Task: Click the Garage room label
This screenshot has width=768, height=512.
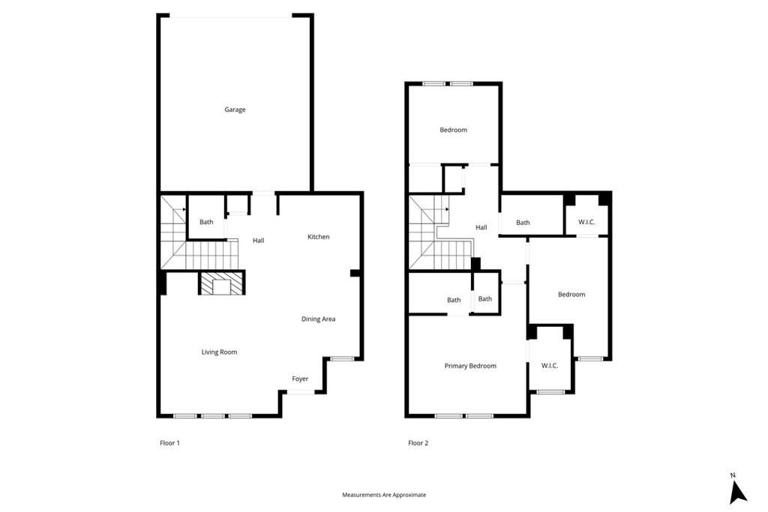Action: (235, 109)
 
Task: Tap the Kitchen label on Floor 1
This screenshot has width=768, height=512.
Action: (318, 237)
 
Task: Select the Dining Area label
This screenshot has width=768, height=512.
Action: (318, 319)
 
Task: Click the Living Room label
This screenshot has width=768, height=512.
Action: (219, 352)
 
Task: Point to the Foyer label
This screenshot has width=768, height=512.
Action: (300, 379)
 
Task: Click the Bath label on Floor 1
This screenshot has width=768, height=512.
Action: (206, 222)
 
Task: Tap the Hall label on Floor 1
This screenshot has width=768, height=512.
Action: (258, 241)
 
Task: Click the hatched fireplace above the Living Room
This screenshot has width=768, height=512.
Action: (221, 283)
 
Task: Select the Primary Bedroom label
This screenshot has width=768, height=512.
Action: (470, 366)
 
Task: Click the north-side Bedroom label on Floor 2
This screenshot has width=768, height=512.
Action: (453, 130)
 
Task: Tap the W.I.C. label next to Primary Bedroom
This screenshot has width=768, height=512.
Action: (550, 366)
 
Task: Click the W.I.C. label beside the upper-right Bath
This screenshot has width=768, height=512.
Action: (587, 223)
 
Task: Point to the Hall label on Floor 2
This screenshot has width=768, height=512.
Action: (481, 228)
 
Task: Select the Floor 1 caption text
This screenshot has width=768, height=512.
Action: (169, 443)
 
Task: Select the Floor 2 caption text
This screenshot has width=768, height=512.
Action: (418, 443)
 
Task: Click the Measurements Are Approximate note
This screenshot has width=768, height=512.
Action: (384, 495)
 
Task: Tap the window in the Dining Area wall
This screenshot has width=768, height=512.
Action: (343, 359)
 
